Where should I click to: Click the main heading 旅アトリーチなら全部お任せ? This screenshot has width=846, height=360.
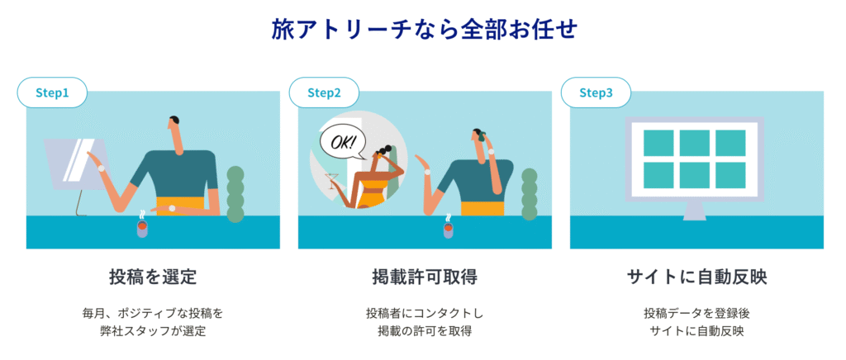(423, 31)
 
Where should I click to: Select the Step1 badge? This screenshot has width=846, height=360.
(52, 92)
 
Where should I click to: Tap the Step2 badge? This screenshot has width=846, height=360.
(324, 92)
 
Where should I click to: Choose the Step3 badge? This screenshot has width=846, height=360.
(596, 92)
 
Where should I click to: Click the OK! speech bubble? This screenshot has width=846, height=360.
(342, 144)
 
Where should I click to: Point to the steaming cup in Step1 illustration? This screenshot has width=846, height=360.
(142, 225)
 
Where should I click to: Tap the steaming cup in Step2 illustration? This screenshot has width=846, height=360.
(448, 226)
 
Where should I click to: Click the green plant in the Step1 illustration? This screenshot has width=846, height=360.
(235, 194)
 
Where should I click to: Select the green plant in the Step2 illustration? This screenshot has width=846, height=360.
(530, 195)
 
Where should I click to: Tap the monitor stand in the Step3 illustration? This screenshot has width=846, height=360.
(694, 211)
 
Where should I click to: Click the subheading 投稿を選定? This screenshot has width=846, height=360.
(153, 277)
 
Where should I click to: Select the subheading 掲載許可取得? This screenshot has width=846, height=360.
(425, 277)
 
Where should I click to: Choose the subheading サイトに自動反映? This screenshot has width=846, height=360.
(696, 277)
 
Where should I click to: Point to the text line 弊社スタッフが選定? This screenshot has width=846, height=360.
(153, 331)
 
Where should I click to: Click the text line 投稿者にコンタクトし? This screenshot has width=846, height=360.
(425, 313)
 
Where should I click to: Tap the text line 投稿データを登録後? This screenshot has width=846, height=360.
(696, 313)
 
